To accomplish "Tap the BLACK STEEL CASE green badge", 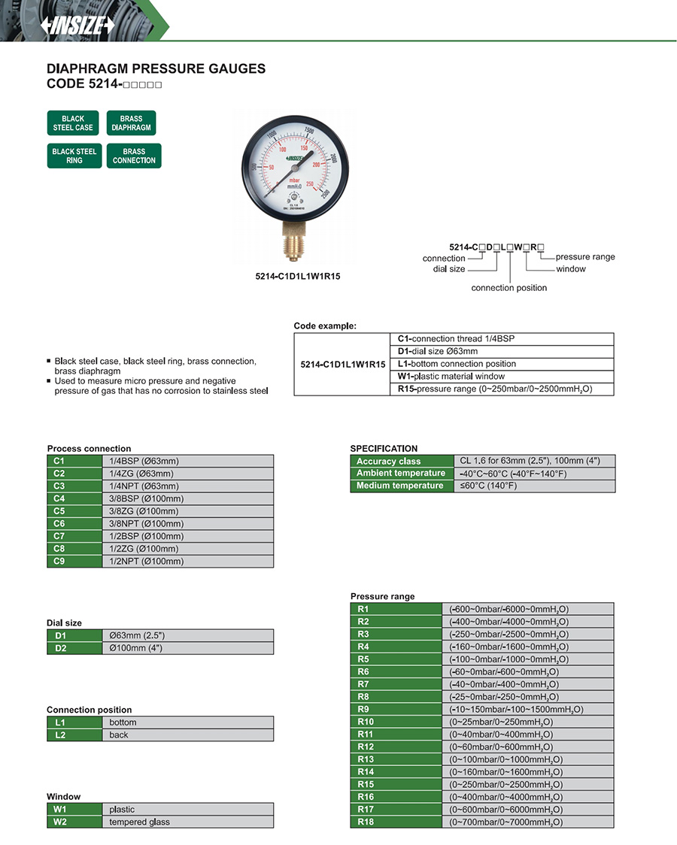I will coord(73,123).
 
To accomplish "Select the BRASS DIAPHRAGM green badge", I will coord(131,123).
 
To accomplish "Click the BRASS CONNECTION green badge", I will coord(134,156).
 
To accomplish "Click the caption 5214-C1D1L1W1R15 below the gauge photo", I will coord(298,276).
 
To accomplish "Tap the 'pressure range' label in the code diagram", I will coord(584,257).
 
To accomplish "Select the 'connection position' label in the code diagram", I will coord(509,288).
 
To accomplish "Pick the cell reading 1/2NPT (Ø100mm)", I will coord(187,561).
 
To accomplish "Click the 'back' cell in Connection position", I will coord(187,735).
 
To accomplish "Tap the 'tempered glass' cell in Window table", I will coord(187,822).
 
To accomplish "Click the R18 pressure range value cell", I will coord(527,822).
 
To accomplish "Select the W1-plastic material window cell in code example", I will coord(502,377).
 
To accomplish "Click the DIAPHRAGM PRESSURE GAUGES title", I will coord(156,69).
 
